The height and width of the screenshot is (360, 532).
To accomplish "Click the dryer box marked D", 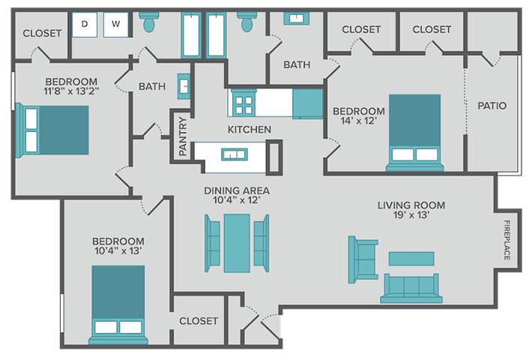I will click(84, 25).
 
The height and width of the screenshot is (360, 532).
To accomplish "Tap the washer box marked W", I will click(115, 25).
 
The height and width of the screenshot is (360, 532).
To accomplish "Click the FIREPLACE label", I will click(507, 240).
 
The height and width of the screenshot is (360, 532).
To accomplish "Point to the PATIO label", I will click(492, 106).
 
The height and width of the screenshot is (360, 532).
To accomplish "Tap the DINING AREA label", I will click(236, 195).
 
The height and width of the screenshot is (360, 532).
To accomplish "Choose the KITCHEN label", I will click(250, 130).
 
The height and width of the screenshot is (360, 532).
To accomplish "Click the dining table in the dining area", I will click(237, 243).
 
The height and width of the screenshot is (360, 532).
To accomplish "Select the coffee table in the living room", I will click(411, 258).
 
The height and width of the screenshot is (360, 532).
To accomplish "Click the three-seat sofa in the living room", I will click(410, 288).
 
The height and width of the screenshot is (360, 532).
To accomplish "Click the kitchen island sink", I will click(234, 156).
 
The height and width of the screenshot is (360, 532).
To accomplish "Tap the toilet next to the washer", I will click(148, 22).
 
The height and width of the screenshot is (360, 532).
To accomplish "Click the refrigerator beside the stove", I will click(307, 104).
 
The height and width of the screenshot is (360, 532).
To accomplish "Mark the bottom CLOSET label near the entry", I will click(199, 321).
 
